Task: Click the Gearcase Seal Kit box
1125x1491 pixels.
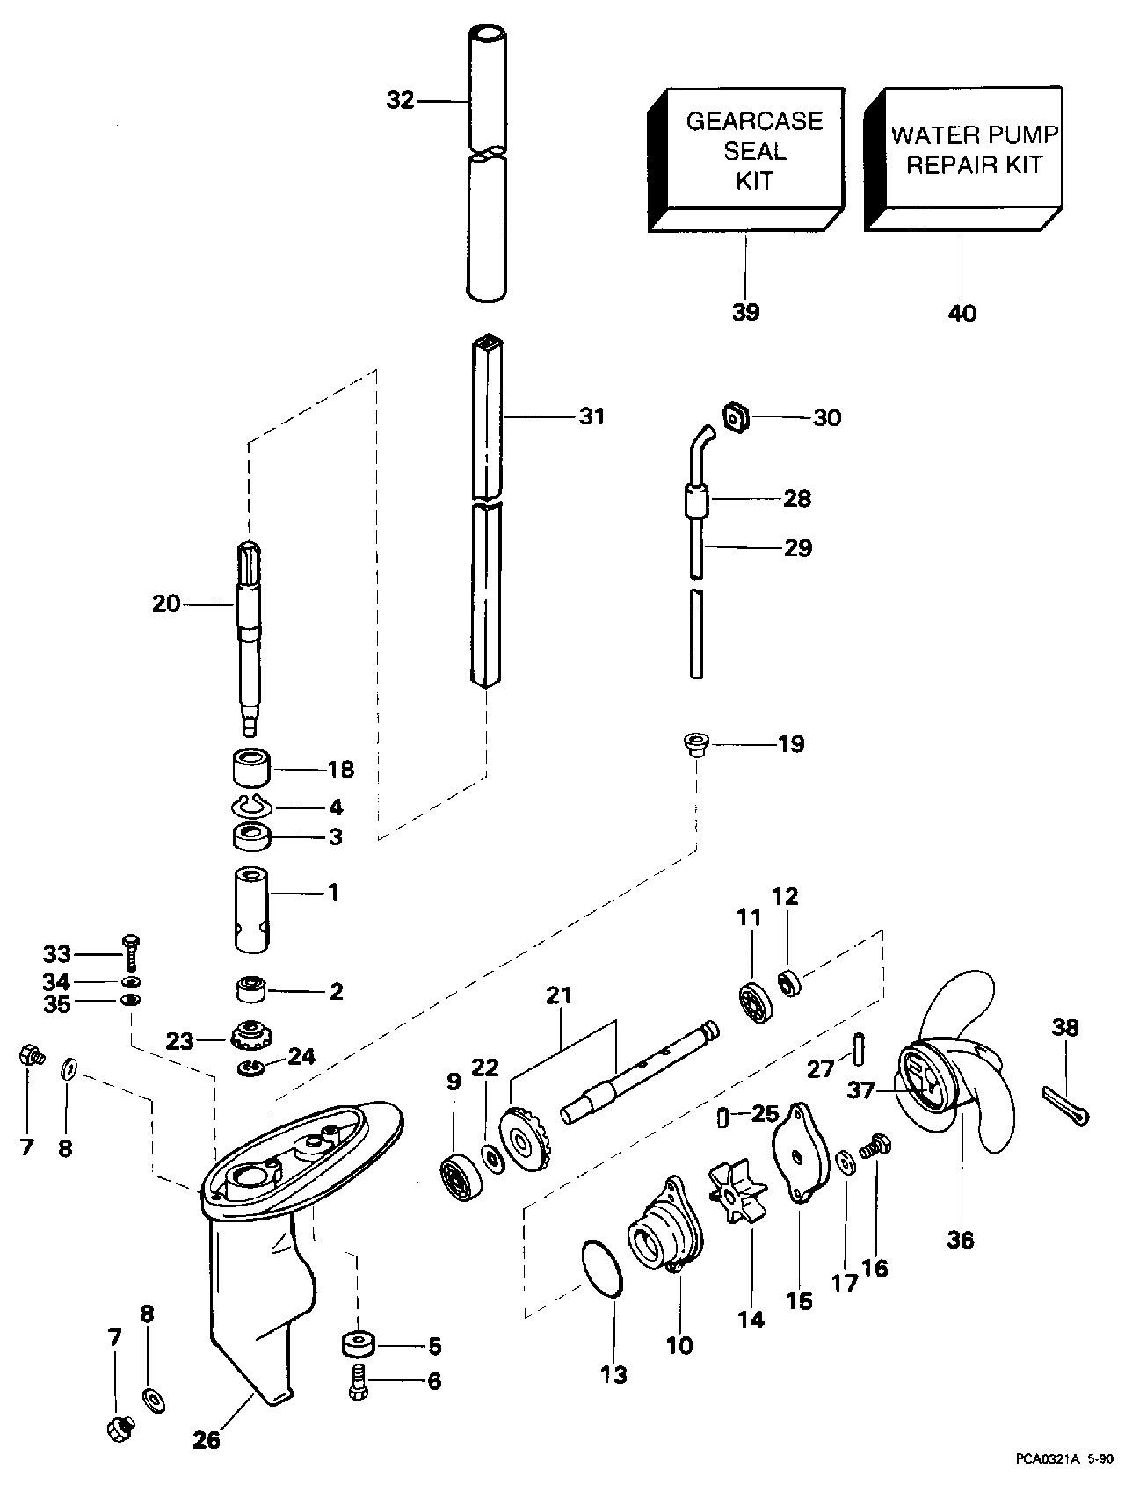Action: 746,160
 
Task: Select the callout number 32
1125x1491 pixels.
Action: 400,101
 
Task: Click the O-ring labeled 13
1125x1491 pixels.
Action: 604,1266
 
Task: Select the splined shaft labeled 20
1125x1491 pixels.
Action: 249,636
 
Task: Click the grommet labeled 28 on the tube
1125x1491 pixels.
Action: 697,503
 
